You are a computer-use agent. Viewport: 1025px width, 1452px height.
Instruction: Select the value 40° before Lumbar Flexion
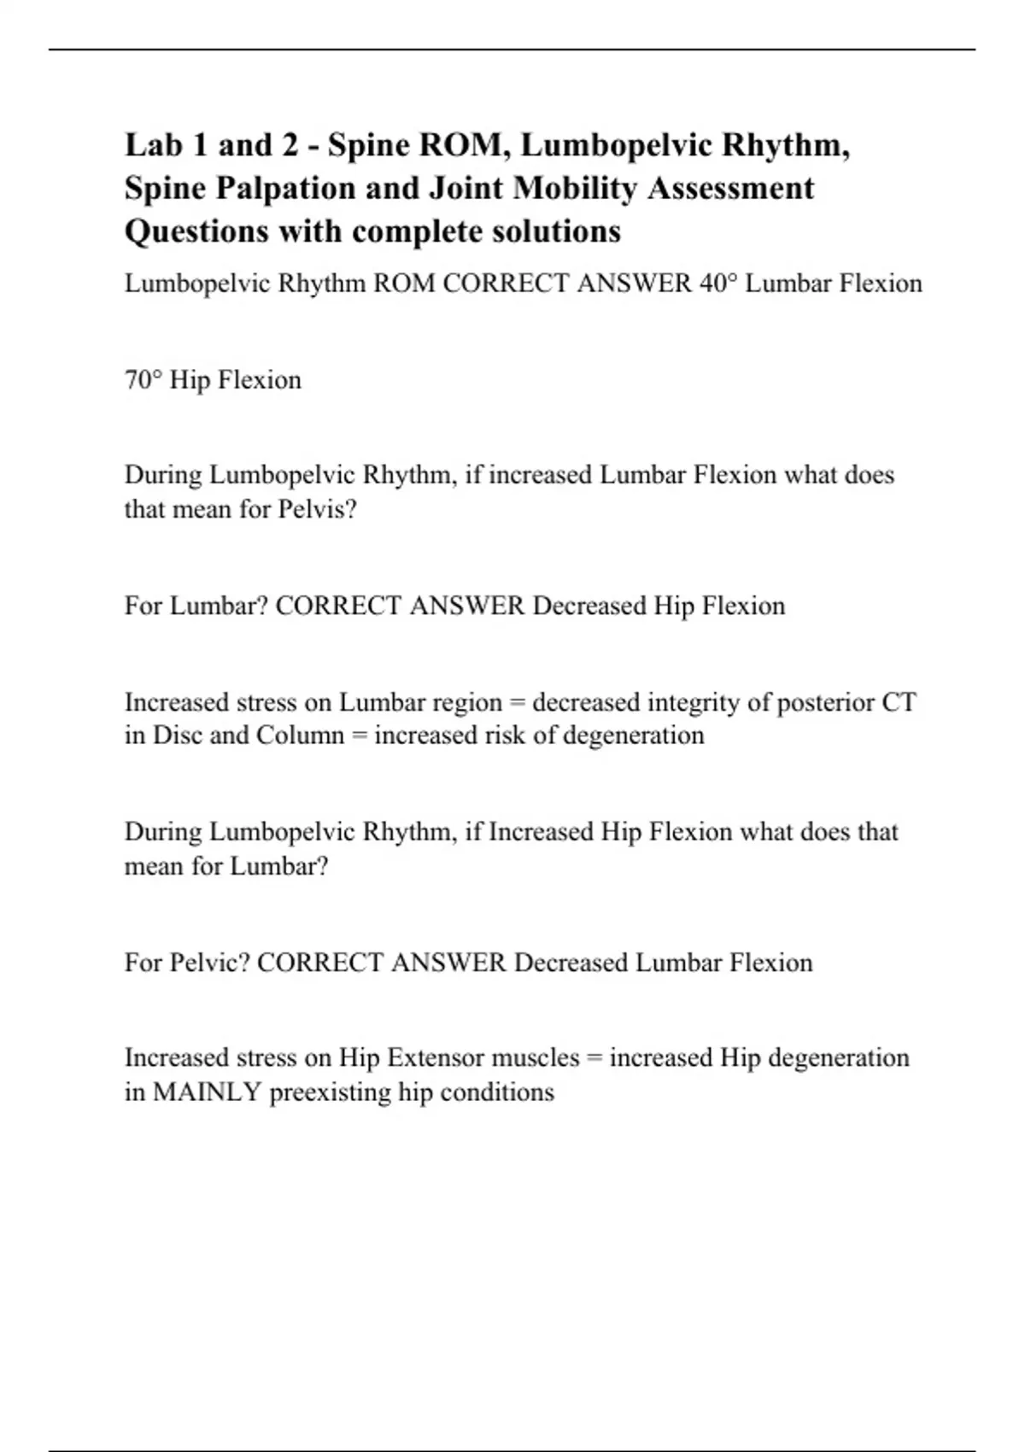pos(718,284)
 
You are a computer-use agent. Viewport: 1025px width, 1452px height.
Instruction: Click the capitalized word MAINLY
pos(207,1092)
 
